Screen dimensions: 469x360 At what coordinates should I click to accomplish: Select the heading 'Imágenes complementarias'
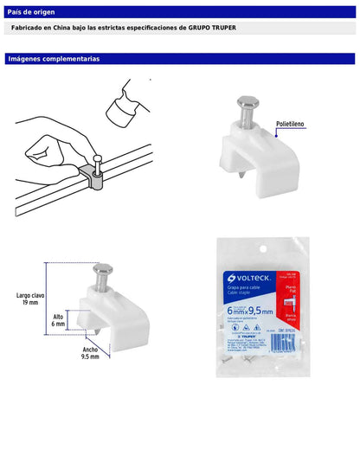coord(53,59)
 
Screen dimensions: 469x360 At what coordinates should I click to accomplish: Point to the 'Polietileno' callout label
coord(292,125)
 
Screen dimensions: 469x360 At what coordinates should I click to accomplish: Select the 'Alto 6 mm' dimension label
coord(58,320)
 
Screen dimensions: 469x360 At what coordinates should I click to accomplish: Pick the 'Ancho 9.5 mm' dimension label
coord(90,352)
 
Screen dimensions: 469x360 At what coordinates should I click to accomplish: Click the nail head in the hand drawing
coord(100,158)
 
